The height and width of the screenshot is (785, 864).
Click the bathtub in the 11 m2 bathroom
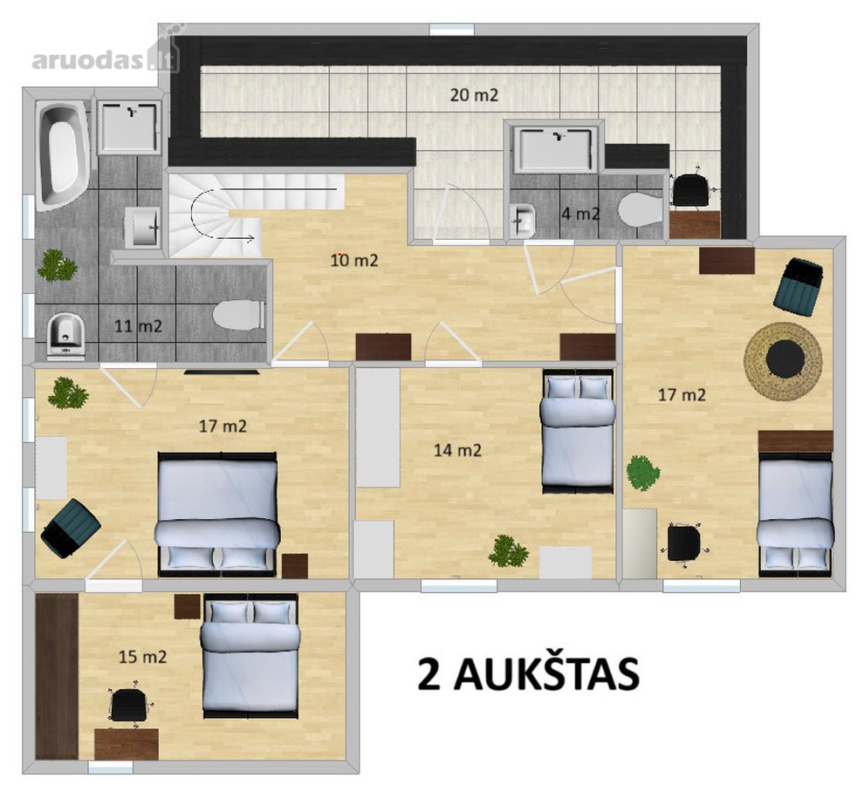[x=62, y=156]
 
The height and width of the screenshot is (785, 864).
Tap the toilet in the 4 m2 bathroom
[x=641, y=210]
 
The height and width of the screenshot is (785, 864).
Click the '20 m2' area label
[x=474, y=95]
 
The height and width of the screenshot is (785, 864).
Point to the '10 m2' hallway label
[x=354, y=260]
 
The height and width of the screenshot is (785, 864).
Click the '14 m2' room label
[x=457, y=451]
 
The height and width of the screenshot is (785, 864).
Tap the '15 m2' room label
[x=143, y=657]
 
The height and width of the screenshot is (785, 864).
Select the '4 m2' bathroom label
[x=580, y=214]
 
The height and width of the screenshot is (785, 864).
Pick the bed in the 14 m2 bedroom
[x=578, y=432]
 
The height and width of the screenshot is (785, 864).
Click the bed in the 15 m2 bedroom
[x=250, y=656]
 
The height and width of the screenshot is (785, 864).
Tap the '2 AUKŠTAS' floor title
[x=528, y=673]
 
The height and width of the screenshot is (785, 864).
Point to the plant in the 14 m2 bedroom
[x=509, y=551]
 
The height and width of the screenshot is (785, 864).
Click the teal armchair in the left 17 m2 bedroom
[x=71, y=529]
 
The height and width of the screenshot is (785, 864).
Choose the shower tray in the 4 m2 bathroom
[x=554, y=147]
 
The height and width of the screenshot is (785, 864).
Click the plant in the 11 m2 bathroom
[x=58, y=265]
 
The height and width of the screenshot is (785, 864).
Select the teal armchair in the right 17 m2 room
[x=798, y=286]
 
